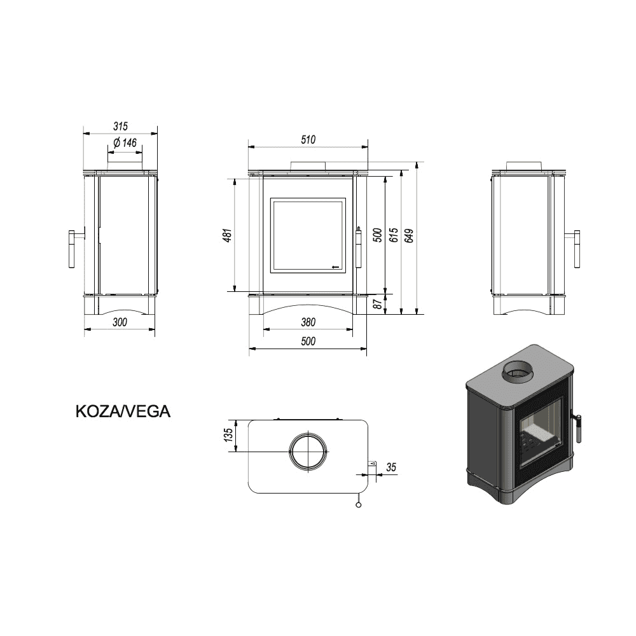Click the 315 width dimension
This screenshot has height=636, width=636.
click(120, 126)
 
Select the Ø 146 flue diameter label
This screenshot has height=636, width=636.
click(125, 142)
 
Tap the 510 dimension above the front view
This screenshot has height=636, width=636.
click(308, 139)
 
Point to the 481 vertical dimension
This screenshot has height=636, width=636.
click(228, 235)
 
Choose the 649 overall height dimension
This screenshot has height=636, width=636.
click(409, 236)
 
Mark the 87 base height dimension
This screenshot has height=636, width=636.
click(378, 304)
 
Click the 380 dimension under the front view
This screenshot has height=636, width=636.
click(308, 322)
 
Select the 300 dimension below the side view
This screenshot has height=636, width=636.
click(120, 322)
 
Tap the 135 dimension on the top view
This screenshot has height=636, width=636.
click(228, 435)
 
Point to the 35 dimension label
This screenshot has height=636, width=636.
click(391, 467)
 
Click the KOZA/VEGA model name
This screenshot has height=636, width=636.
click(123, 411)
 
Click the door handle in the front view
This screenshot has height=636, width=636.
click(358, 247)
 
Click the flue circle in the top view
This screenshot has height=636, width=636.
click(308, 452)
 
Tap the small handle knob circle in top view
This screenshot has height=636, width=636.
click(358, 504)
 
